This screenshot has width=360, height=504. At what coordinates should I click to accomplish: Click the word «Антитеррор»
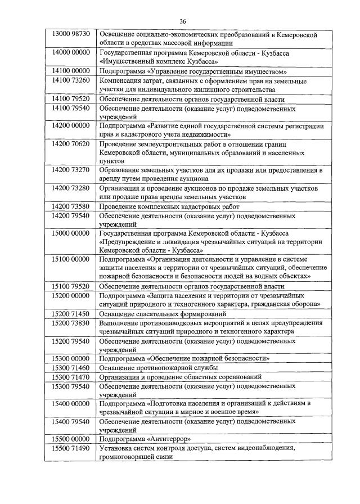[170, 439]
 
